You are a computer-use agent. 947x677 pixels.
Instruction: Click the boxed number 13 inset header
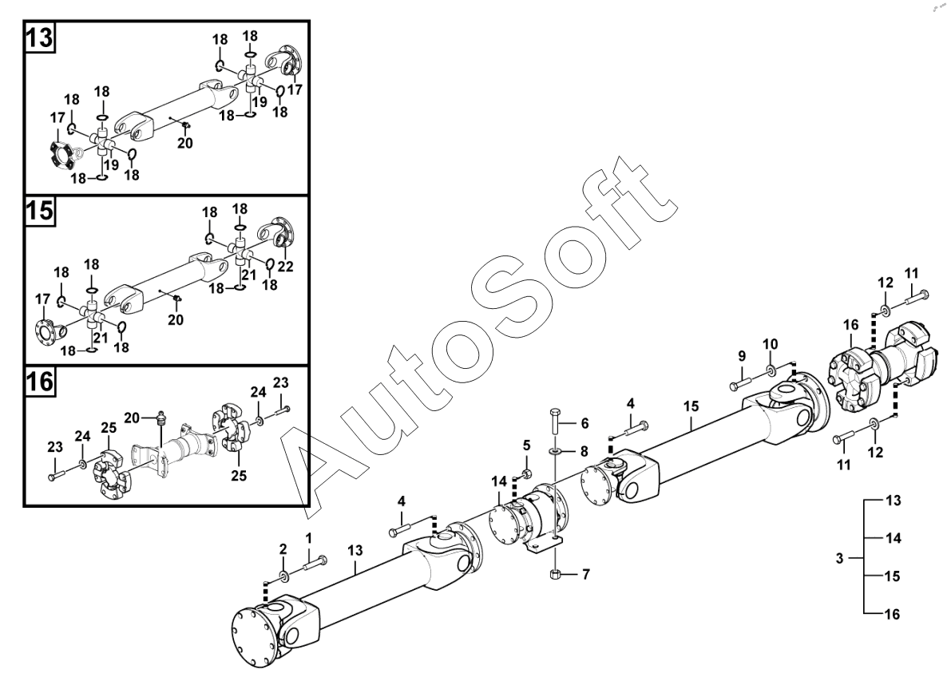pos(39,38)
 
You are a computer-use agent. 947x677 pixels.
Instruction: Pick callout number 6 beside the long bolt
pos(584,422)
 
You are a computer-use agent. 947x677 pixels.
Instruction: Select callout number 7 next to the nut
pos(585,573)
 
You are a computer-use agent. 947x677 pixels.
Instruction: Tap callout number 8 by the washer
pos(584,451)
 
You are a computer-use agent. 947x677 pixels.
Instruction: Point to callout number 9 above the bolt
pos(742,355)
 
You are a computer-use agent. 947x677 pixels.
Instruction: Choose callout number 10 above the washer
pos(770,344)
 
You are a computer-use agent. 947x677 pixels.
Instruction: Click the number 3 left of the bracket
pos(839,559)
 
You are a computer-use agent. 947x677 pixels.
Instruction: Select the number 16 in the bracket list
pos(893,614)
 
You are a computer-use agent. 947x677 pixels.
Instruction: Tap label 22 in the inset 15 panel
pos(286,267)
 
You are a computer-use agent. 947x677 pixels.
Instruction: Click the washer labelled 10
pos(771,370)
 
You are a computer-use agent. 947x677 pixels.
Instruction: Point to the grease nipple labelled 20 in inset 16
pos(162,415)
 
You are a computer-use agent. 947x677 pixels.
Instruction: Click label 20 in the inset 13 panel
pos(185,144)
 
